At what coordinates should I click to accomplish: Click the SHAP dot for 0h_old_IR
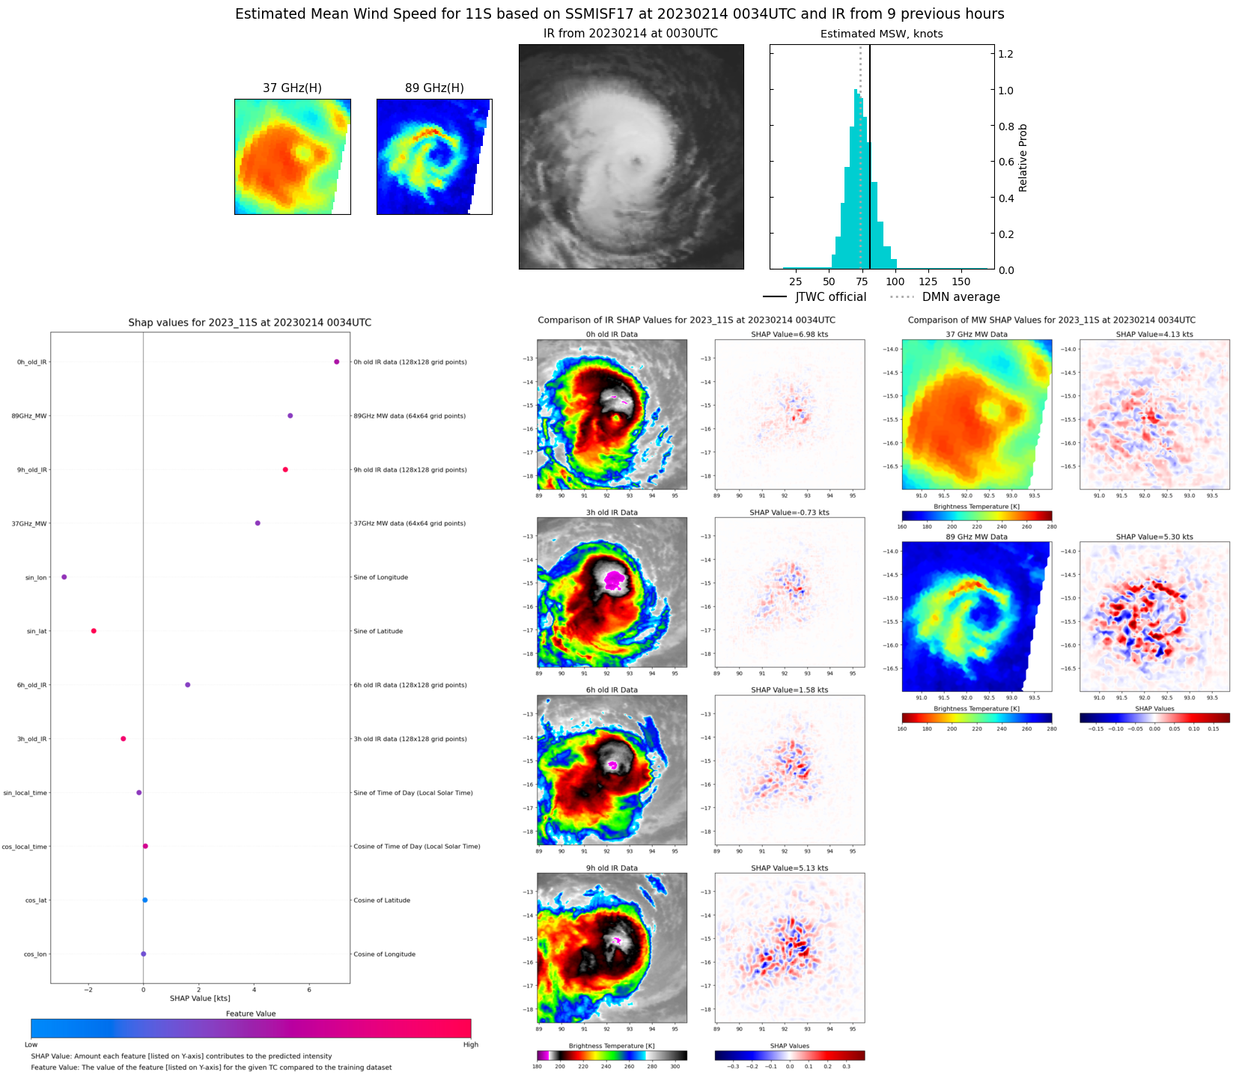tap(337, 362)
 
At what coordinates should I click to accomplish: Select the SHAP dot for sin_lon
tap(64, 577)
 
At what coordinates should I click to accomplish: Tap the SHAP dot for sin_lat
tap(94, 631)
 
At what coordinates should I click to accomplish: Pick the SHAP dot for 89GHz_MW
tap(290, 415)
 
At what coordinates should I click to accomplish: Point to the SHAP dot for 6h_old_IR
tap(188, 685)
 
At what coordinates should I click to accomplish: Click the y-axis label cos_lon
tap(35, 954)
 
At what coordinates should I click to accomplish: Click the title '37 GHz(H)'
tap(292, 88)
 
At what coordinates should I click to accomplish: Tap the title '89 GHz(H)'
tap(434, 88)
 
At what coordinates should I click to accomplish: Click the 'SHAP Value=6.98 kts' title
tap(790, 335)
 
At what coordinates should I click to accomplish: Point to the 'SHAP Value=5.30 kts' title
tap(1154, 537)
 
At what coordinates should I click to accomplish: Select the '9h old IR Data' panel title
tap(612, 868)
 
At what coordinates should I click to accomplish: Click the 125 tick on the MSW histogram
tap(928, 281)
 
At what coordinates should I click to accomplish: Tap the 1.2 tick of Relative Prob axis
tap(1006, 54)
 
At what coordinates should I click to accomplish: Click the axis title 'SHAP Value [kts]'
tap(200, 998)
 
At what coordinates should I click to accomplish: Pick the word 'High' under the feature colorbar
tap(470, 1044)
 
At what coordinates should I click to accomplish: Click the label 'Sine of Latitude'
tap(378, 631)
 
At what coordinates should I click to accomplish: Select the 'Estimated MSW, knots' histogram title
tap(881, 34)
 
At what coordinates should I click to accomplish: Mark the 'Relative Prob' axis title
tap(1023, 158)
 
